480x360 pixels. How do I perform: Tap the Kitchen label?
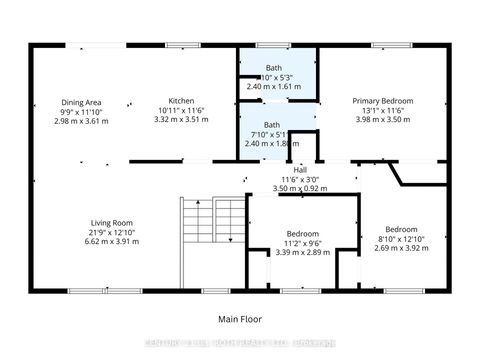pyautogui.click(x=181, y=101)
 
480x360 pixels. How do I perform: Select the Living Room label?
pyautogui.click(x=109, y=223)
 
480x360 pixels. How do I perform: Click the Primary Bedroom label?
pyautogui.click(x=383, y=101)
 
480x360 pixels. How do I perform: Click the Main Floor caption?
pyautogui.click(x=240, y=320)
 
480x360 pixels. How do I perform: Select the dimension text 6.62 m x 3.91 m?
pyautogui.click(x=109, y=241)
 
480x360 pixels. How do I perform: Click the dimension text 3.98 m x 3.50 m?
pyautogui.click(x=383, y=119)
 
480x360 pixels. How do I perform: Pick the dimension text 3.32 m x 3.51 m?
pyautogui.click(x=181, y=119)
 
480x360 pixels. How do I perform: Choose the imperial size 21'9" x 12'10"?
pyautogui.click(x=109, y=232)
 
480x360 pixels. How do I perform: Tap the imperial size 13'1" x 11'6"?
pyautogui.click(x=383, y=110)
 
